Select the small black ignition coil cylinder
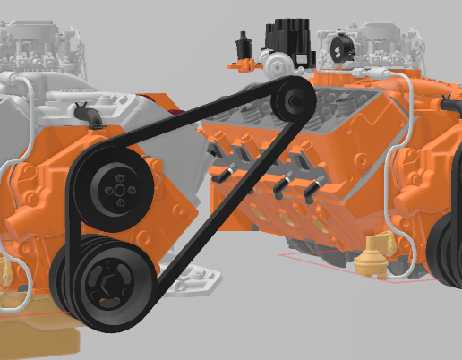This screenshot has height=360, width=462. point(241,46)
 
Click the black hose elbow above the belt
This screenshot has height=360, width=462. point(86,115)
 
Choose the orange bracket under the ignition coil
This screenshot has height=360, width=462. point(238,64)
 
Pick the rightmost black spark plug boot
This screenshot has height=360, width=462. point(315,185)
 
